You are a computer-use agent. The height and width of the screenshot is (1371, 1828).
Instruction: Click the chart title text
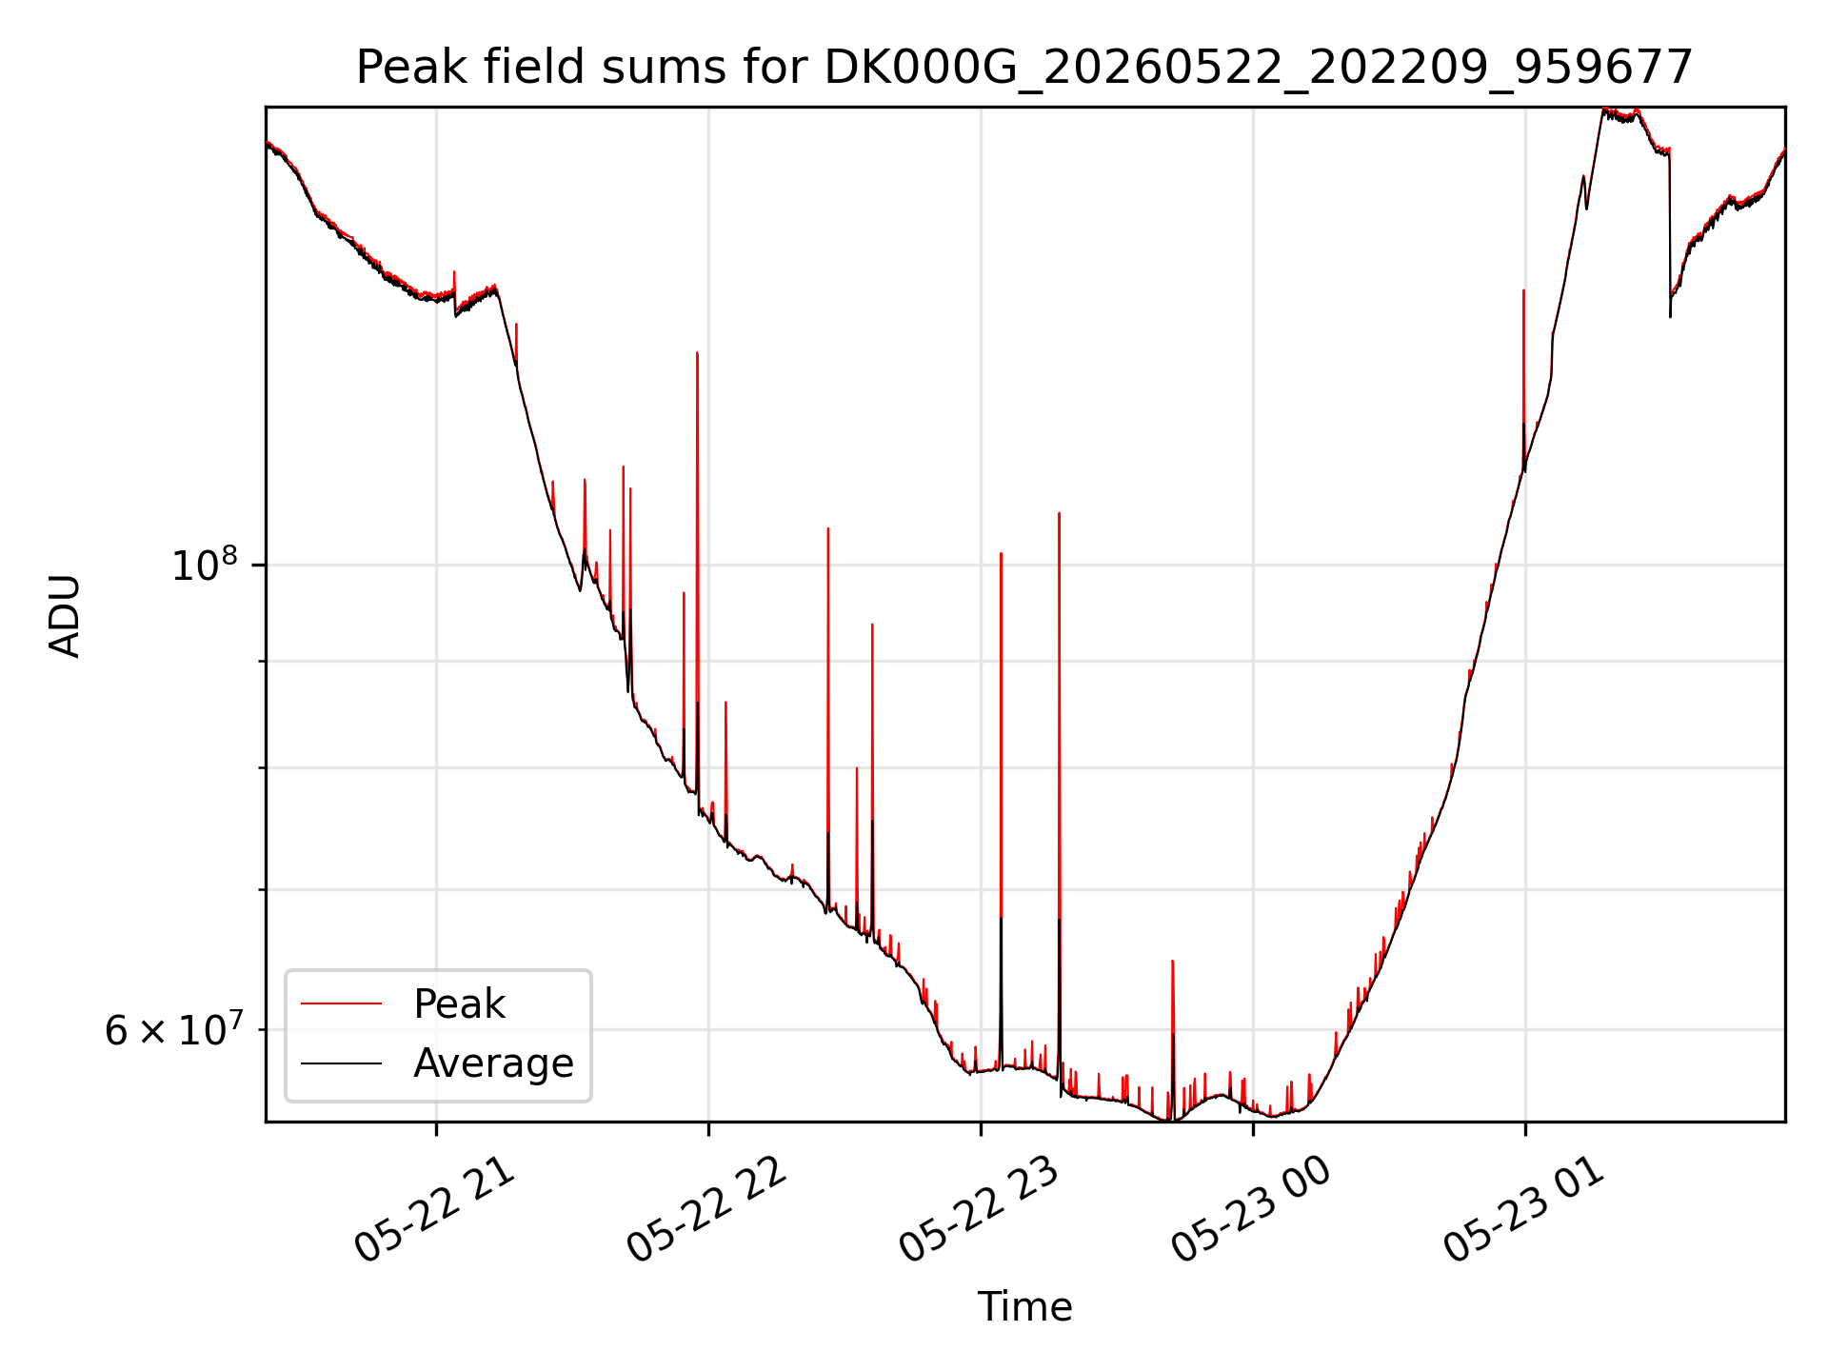pos(1024,68)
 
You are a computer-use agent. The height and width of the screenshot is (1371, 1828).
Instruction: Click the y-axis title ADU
pos(65,615)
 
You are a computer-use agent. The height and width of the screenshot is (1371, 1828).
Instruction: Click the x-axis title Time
pos(1024,1307)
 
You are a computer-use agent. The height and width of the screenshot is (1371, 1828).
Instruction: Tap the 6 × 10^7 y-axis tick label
pos(172,1029)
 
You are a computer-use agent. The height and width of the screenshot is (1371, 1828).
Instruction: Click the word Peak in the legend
pos(459,1004)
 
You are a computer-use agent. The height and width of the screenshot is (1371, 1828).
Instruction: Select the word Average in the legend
pos(493,1063)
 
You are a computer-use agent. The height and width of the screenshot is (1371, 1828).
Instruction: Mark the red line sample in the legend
pos(341,1003)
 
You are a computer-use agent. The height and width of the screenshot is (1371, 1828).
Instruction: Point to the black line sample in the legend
pos(341,1063)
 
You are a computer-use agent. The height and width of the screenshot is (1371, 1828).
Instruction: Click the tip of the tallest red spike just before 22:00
pos(697,352)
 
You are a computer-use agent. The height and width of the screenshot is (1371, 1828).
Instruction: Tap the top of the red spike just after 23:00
pos(1059,513)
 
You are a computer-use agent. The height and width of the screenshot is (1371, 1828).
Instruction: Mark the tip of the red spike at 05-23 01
pos(1523,290)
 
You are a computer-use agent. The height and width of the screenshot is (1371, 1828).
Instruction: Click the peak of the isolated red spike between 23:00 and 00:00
pos(1172,961)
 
